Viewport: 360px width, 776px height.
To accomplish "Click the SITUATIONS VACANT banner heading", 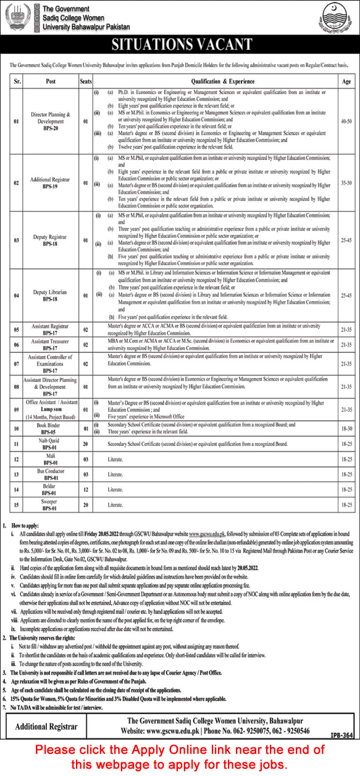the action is point(180,44).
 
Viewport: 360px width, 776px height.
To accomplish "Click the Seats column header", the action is point(86,81).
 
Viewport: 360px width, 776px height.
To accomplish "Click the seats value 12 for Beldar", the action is point(86,490).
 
